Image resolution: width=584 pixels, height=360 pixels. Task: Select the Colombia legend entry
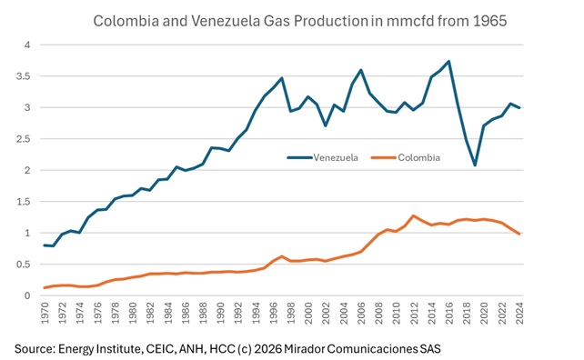point(419,157)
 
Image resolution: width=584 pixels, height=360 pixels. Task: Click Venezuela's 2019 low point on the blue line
point(500,165)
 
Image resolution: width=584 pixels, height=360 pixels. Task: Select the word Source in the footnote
point(36,347)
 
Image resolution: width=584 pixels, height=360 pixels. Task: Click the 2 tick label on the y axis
point(28,171)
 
